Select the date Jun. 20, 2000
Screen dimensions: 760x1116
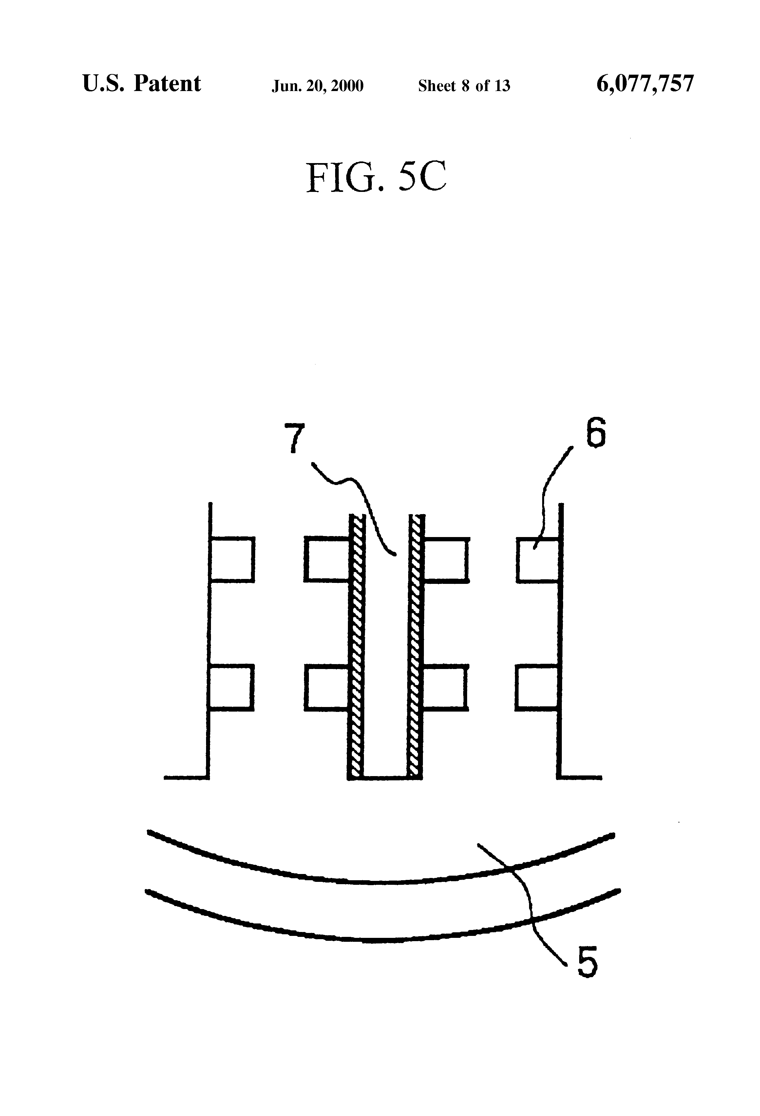pos(317,86)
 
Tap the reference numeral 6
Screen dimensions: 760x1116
pos(595,432)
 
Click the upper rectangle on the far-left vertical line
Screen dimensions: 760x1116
pos(232,560)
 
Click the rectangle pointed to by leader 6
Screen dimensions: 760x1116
pos(538,560)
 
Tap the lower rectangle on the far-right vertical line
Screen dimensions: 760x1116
pos(537,687)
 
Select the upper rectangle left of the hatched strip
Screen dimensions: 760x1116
pos(327,560)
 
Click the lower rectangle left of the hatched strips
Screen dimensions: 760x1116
pos(327,687)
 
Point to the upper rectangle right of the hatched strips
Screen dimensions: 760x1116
pos(445,560)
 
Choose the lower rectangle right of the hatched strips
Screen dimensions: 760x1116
pos(445,687)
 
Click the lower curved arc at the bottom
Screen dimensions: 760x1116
pos(380,940)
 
